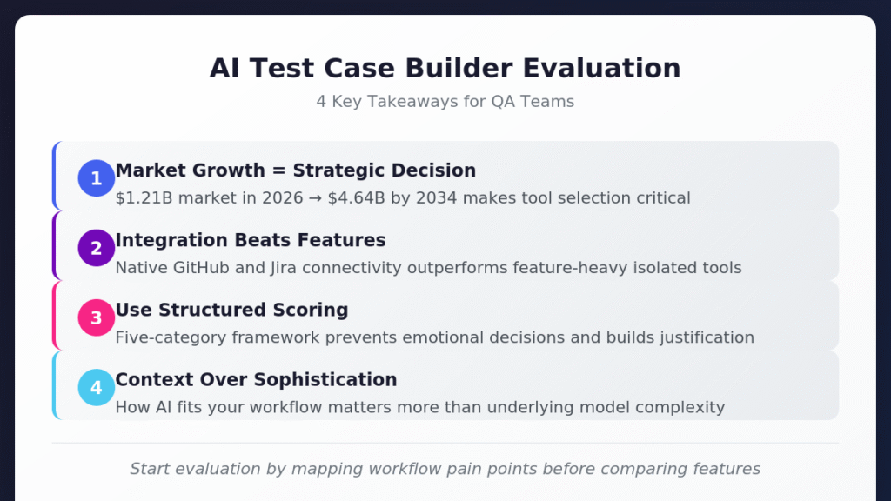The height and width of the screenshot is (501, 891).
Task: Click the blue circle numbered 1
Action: (x=97, y=178)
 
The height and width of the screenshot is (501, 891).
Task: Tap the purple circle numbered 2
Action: (x=97, y=248)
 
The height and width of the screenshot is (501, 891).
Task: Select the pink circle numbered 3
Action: (x=97, y=317)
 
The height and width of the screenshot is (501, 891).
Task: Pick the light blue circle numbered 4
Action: (x=97, y=387)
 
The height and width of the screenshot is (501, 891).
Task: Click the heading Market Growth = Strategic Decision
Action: (x=296, y=170)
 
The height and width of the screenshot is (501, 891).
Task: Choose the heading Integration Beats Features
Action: (x=251, y=240)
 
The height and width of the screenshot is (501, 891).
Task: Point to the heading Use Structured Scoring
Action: (x=231, y=310)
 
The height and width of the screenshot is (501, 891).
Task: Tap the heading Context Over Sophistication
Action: (x=256, y=379)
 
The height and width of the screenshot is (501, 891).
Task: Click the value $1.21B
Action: (x=141, y=198)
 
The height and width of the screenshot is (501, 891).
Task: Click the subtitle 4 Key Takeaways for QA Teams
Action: (x=445, y=102)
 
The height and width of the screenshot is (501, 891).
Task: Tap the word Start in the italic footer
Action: (x=148, y=470)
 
